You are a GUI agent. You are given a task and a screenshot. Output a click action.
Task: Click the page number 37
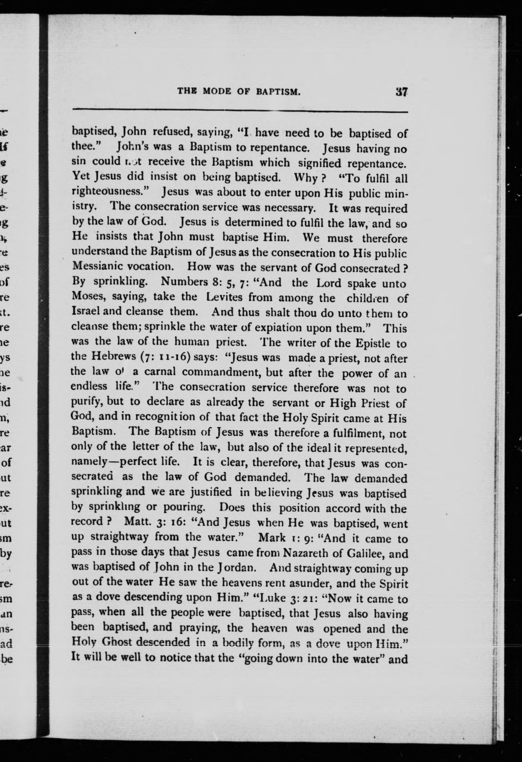(401, 92)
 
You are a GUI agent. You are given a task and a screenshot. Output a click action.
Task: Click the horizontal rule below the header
(240, 111)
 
